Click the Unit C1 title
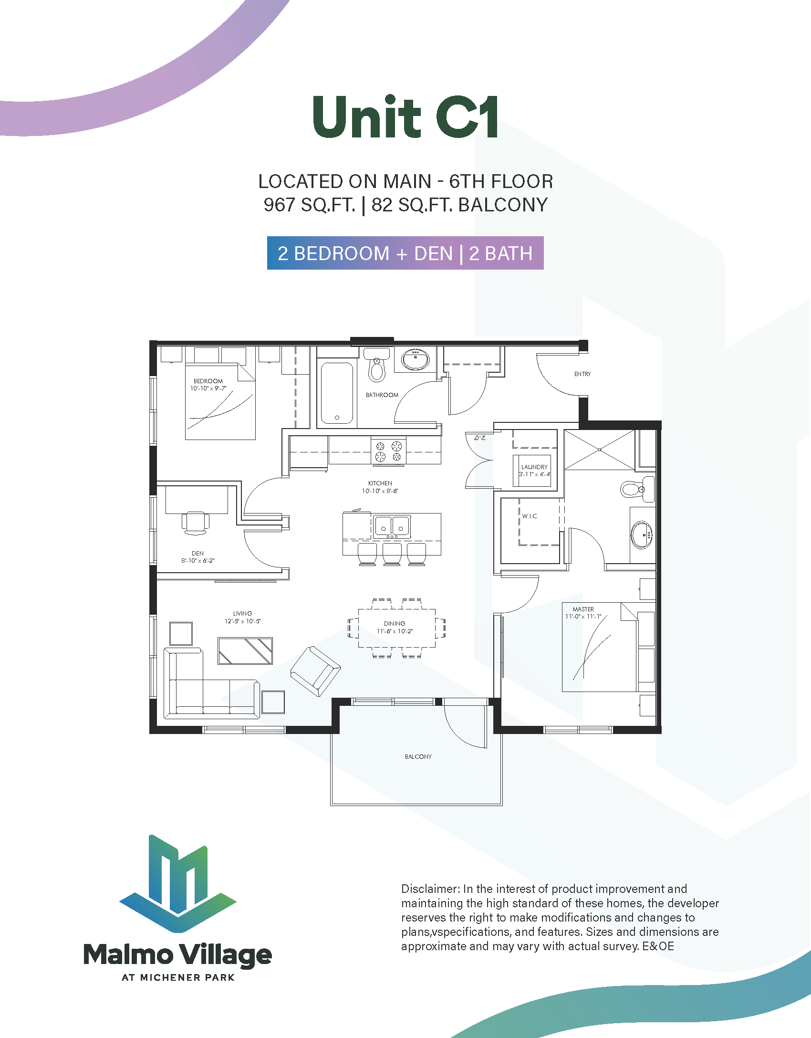click(405, 117)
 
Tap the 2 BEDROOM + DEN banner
click(405, 253)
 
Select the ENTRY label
click(582, 374)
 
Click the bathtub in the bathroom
click(337, 393)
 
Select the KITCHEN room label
click(380, 483)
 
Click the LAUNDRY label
click(534, 467)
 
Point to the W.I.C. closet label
click(530, 516)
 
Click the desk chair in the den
click(196, 523)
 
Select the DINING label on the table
click(395, 624)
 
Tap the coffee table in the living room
click(245, 651)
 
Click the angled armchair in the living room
click(315, 671)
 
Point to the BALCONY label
click(418, 757)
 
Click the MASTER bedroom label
click(583, 609)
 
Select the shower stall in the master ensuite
click(600, 450)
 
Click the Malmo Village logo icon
click(178, 883)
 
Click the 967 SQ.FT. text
click(309, 205)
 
